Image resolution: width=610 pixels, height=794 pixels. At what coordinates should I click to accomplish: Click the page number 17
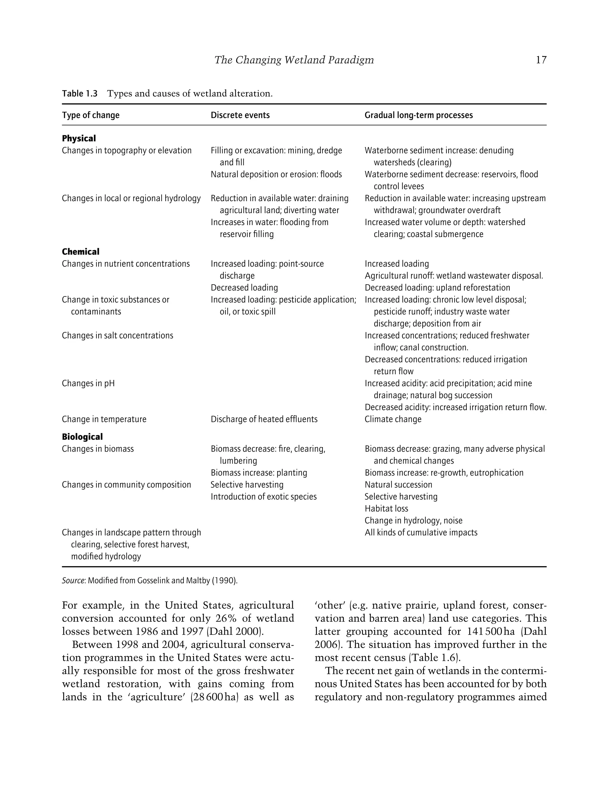pyautogui.click(x=541, y=60)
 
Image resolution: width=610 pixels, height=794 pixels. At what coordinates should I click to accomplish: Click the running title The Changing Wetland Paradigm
pyautogui.click(x=294, y=60)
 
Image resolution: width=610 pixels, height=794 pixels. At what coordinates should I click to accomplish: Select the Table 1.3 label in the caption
pyautogui.click(x=80, y=94)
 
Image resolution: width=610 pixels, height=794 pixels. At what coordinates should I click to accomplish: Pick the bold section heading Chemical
pyautogui.click(x=80, y=252)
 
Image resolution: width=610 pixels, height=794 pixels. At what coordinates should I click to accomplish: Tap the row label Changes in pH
pyautogui.click(x=88, y=383)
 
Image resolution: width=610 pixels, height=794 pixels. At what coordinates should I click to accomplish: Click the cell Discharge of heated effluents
pyautogui.click(x=264, y=419)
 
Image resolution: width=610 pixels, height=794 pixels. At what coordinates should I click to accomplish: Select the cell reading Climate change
pyautogui.click(x=393, y=419)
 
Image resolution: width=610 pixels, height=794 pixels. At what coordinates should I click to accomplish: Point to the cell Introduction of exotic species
pyautogui.click(x=263, y=497)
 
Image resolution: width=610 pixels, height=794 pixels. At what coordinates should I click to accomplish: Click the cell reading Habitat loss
pyautogui.click(x=386, y=509)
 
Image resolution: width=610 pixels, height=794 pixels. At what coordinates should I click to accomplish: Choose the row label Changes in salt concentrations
pyautogui.click(x=117, y=335)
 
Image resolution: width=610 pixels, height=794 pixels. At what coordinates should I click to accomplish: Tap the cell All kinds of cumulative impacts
pyautogui.click(x=421, y=532)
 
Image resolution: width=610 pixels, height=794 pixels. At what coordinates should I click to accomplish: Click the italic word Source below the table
pyautogui.click(x=73, y=580)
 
